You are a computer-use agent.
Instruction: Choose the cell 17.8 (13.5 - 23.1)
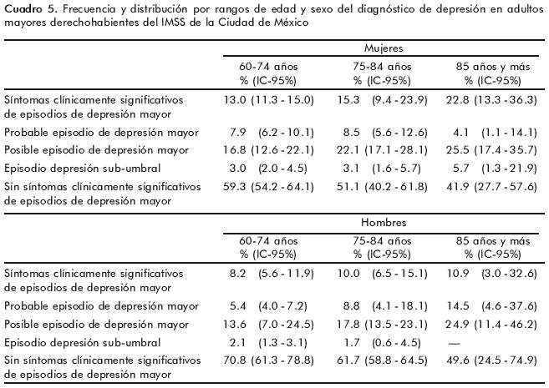pos(380,325)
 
